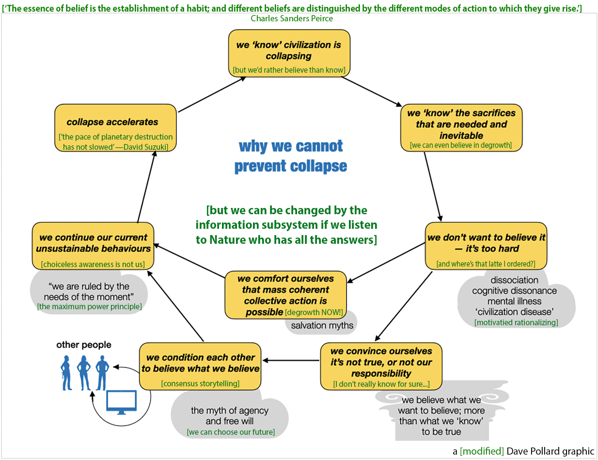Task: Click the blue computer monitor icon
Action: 121,401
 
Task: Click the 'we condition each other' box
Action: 200,366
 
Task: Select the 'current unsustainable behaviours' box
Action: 93,246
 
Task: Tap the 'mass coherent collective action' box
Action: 286,295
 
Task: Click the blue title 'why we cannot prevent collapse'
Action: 291,156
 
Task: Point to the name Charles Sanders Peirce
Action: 292,18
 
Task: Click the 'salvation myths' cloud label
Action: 322,325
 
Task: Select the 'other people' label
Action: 84,345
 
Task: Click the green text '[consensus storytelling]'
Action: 200,383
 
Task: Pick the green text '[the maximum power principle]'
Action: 89,306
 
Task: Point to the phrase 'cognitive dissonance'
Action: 514,291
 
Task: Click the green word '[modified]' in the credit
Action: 482,451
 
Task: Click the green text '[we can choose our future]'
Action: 231,432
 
